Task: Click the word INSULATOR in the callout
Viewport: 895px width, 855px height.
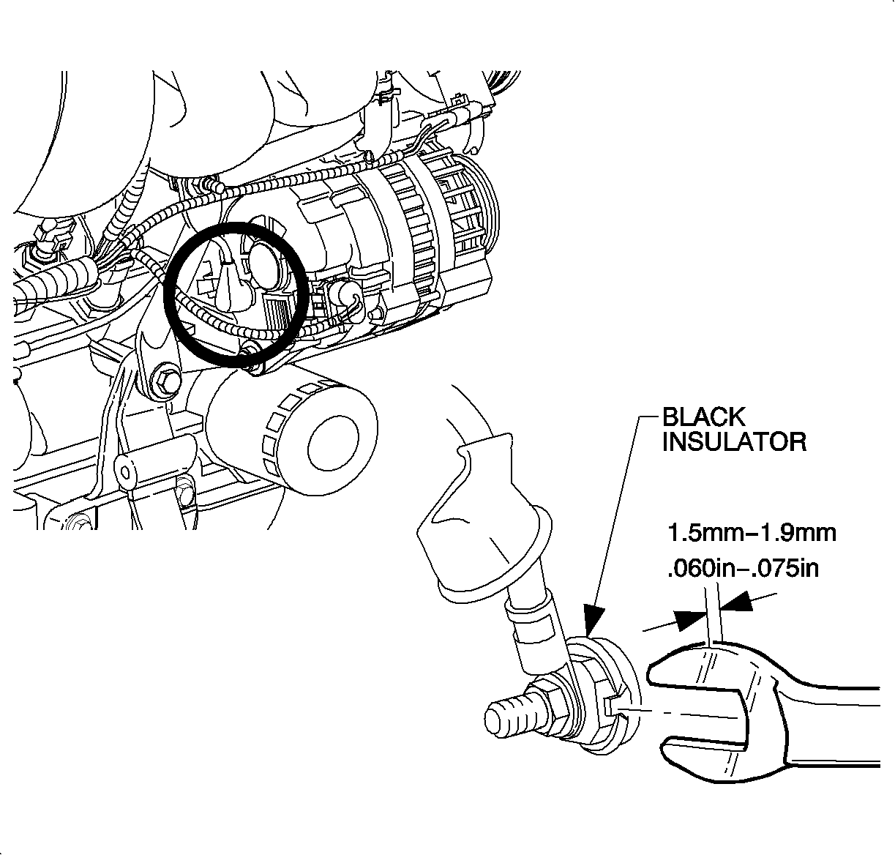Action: coord(734,442)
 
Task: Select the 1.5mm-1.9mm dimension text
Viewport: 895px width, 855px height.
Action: coord(751,532)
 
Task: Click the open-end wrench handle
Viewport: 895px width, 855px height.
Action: coord(834,725)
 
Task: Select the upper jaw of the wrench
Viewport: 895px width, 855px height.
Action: coord(703,666)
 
